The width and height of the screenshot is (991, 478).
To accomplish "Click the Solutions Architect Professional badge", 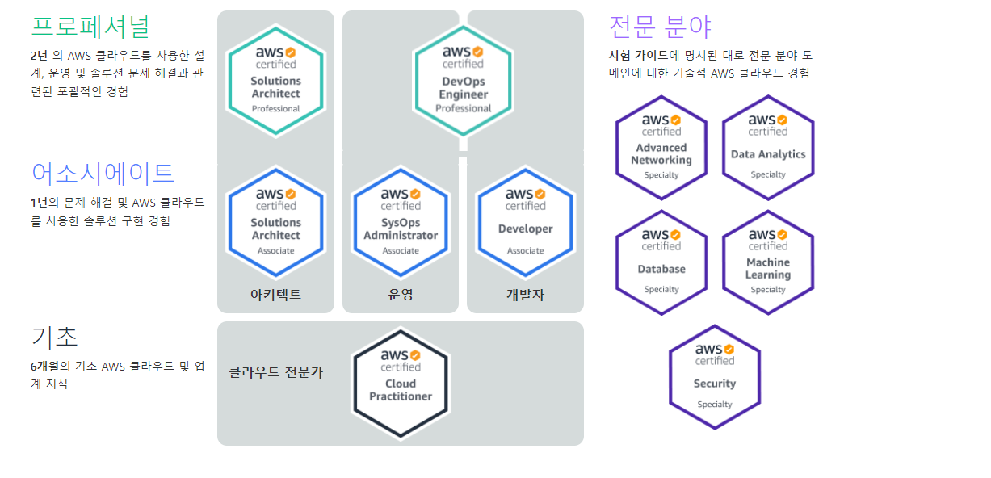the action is click(275, 80).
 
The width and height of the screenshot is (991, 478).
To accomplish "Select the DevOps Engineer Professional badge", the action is click(463, 80).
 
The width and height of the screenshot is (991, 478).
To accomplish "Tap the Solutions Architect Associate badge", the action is click(275, 222).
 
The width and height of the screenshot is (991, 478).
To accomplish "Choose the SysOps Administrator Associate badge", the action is click(401, 222).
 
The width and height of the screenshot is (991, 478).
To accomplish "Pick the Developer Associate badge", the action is click(525, 222).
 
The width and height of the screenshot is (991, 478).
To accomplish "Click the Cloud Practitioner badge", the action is click(400, 384).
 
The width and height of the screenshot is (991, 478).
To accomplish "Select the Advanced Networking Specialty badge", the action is click(661, 148).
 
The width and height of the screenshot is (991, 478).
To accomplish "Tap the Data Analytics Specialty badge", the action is click(768, 148).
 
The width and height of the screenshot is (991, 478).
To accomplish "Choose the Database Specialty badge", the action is click(661, 262).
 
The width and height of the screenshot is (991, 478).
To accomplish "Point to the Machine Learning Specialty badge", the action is click(768, 262).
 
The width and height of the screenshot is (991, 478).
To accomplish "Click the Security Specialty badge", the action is click(715, 377).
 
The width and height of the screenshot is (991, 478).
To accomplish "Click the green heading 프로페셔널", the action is click(90, 26).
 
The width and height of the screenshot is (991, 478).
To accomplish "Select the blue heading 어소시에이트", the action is click(103, 173).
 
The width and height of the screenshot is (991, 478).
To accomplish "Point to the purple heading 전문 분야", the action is click(660, 27).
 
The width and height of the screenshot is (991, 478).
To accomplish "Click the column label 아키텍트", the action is click(275, 295).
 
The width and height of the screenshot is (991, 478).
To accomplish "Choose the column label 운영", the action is click(401, 295).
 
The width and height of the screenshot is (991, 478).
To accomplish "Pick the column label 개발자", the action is click(525, 295).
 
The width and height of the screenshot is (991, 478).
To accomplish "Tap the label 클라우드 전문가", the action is click(276, 372).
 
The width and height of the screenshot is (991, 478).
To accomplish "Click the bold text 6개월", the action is click(45, 366).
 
